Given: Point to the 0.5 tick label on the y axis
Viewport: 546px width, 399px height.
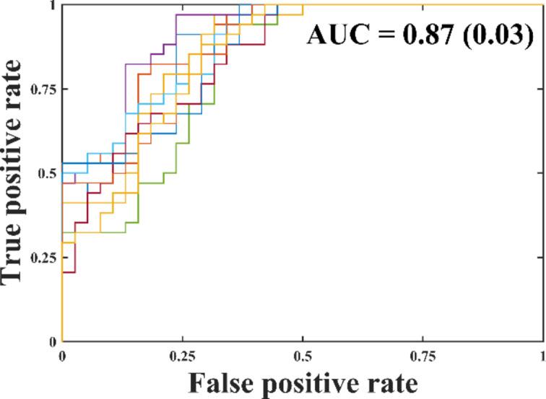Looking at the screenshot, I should click(x=48, y=173).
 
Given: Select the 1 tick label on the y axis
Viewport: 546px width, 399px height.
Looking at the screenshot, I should click(x=53, y=6).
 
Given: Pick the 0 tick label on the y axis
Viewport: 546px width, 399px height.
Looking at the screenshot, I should click(x=53, y=341).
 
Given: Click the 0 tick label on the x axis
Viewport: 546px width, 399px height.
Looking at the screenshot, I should click(x=62, y=356).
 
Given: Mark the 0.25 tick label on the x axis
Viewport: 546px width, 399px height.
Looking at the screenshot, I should click(x=182, y=356).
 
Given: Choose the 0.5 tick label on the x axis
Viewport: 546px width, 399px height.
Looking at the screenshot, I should click(x=303, y=356).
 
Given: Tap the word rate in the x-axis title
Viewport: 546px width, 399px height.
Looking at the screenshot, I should click(x=386, y=383).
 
